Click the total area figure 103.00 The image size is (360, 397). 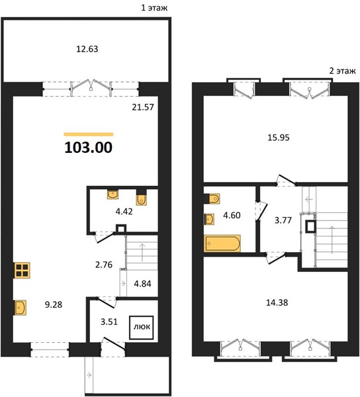click(89, 148)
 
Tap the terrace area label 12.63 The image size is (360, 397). click(87, 49)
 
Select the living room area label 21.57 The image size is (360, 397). click(143, 107)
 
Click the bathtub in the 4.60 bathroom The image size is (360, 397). click(222, 243)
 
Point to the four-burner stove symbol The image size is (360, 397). click(22, 270)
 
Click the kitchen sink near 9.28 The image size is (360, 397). click(21, 308)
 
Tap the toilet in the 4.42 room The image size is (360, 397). click(142, 197)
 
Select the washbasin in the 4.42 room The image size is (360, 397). click(112, 194)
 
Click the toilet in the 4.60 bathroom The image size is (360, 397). click(212, 198)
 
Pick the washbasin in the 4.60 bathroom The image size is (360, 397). click(209, 219)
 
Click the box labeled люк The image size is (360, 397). click(142, 328)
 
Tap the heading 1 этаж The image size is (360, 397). click(154, 8)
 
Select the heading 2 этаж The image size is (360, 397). click(342, 71)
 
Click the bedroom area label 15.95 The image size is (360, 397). click(279, 138)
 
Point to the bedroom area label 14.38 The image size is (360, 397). click(277, 302)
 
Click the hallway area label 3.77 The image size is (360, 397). click(283, 220)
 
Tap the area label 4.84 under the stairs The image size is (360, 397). click(142, 284)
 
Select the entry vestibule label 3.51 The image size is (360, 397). click(109, 322)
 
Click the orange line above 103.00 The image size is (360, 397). click(89, 134)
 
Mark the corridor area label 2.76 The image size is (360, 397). click(104, 265)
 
